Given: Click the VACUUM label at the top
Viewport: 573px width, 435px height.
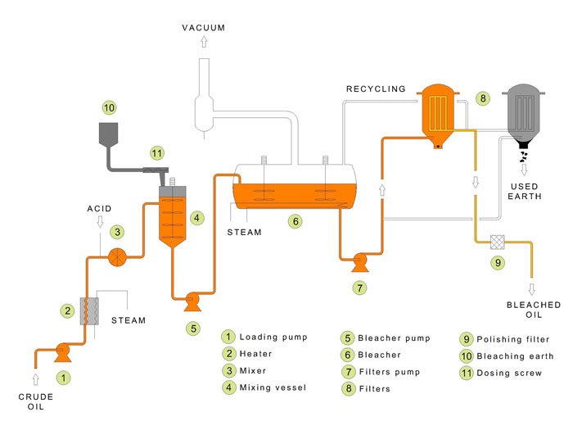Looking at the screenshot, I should [202, 28].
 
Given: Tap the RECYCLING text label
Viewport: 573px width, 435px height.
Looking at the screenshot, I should [376, 88].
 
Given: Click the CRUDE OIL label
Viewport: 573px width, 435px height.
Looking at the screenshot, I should [35, 403].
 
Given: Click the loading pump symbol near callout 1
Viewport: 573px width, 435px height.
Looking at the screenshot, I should [61, 353].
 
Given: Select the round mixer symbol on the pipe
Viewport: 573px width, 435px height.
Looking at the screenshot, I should [118, 257].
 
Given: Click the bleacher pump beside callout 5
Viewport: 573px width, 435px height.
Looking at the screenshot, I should [193, 301].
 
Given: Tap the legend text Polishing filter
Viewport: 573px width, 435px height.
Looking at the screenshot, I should [514, 338].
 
